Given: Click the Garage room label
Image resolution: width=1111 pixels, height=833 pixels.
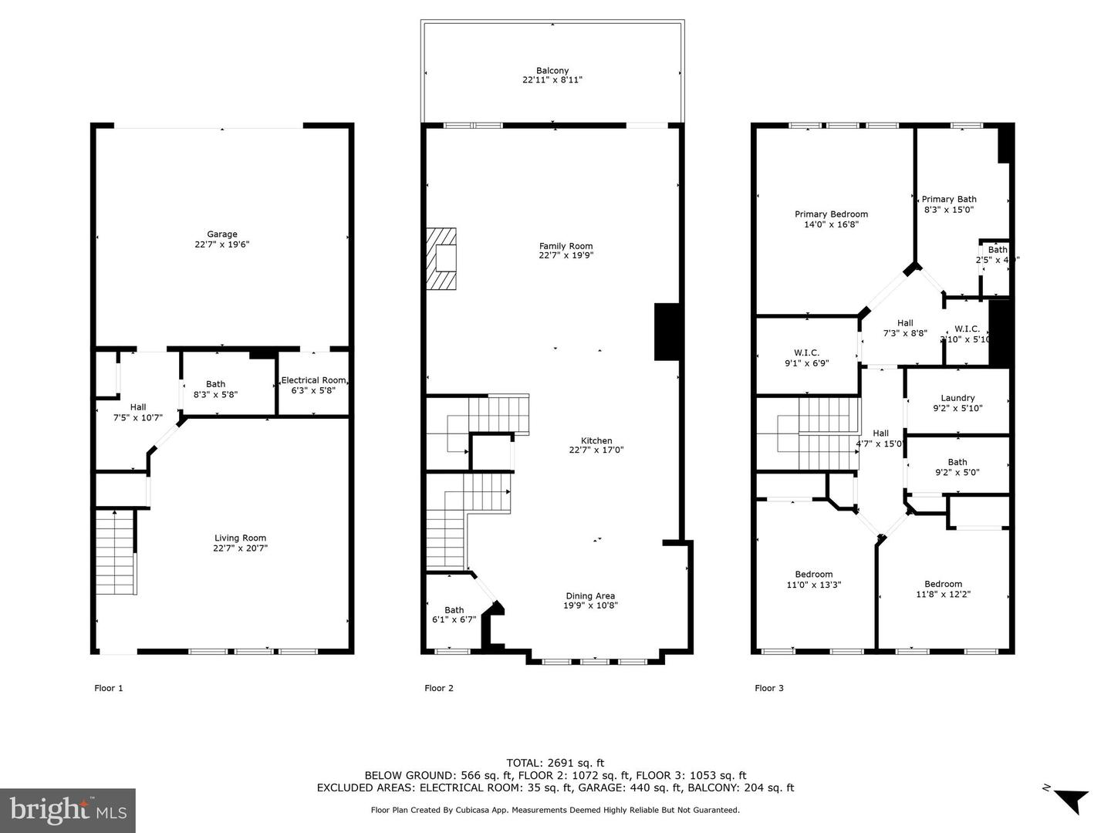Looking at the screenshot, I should click(x=221, y=234).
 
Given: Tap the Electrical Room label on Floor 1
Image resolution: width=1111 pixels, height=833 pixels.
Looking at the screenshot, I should click(x=313, y=380).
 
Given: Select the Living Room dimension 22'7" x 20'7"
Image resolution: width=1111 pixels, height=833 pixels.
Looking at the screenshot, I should click(x=241, y=548).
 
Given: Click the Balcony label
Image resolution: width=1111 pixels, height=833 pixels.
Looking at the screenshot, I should click(x=552, y=71).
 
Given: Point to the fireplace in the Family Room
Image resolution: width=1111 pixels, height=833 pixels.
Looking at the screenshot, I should click(x=443, y=258).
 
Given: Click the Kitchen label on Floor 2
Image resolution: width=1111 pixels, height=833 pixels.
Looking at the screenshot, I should click(x=596, y=440).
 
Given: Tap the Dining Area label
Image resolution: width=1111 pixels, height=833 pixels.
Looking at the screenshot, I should click(x=590, y=595).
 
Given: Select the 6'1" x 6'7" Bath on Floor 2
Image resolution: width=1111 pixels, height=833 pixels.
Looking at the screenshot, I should click(x=454, y=615).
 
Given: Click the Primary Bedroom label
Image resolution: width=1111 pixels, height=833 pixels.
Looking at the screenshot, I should click(x=831, y=214).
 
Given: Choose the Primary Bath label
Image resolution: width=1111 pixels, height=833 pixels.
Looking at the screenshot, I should click(x=949, y=199).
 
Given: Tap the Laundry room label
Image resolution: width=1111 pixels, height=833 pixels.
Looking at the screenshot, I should click(x=957, y=398).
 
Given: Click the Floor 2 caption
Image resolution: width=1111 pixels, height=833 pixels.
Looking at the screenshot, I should click(x=439, y=688).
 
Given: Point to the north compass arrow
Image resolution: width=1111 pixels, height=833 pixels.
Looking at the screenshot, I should click(x=1069, y=800).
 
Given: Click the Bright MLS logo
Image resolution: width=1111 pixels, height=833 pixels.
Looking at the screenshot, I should click(x=68, y=810).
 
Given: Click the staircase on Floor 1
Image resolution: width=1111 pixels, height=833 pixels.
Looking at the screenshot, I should click(x=115, y=552).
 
